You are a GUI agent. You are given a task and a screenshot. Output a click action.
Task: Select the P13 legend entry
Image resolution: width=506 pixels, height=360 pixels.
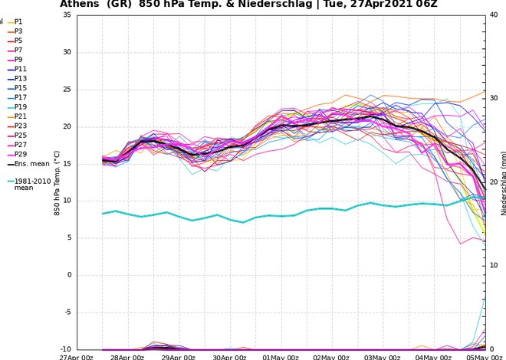click(x=20, y=78)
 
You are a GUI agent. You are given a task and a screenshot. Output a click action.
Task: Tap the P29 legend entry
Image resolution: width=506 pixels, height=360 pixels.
click(x=20, y=154)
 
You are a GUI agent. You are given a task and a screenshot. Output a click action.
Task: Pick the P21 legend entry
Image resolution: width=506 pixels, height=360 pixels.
click(x=20, y=116)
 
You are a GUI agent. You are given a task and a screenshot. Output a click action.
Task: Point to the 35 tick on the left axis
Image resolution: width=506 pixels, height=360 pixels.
click(x=67, y=15)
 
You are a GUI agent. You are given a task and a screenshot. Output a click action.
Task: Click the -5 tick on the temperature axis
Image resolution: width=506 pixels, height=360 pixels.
click(x=67, y=312)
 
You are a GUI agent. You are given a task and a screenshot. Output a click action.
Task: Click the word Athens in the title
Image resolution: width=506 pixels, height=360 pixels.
click(x=80, y=5)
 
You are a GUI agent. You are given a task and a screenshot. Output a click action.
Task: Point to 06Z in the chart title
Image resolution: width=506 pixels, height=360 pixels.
click(x=449, y=5)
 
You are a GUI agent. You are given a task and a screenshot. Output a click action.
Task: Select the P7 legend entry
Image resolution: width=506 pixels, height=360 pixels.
click(x=18, y=50)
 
